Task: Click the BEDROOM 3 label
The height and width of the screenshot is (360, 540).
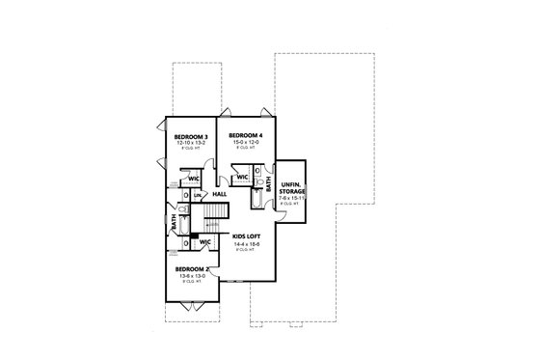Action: [189, 137]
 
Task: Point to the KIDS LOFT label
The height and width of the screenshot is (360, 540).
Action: [248, 235]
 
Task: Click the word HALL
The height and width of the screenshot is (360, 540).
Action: [220, 193]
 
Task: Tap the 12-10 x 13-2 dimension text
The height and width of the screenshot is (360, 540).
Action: [189, 144]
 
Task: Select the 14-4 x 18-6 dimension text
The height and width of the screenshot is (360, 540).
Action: [248, 242]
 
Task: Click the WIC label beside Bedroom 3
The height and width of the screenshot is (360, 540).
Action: [194, 178]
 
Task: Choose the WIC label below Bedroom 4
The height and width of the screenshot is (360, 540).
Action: [242, 178]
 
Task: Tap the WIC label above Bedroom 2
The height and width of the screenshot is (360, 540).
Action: [204, 241]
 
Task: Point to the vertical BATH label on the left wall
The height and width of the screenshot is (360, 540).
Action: [175, 222]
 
